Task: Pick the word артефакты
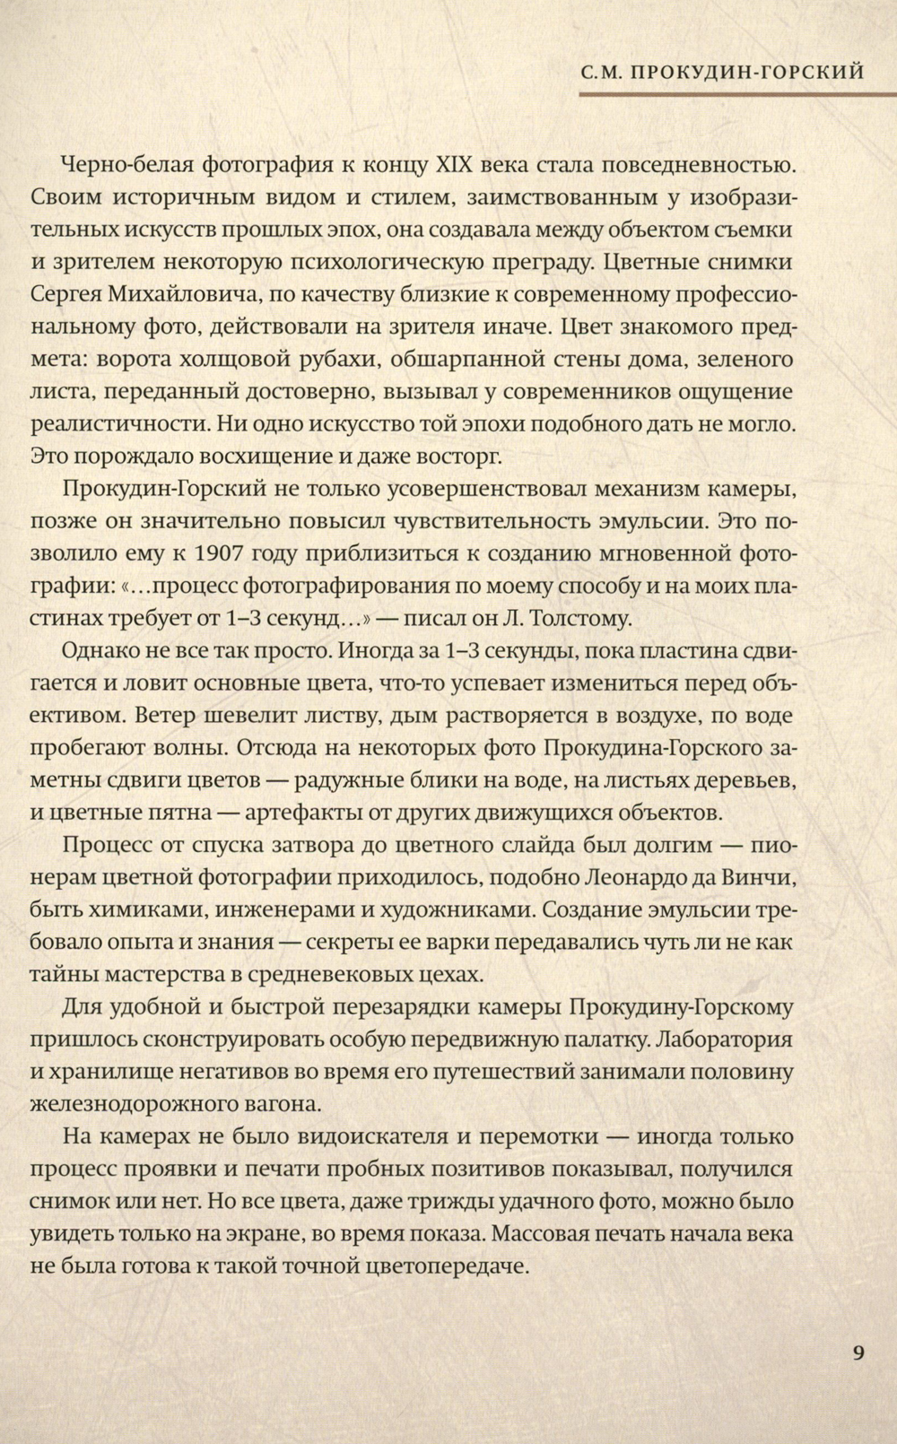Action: click(x=301, y=813)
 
